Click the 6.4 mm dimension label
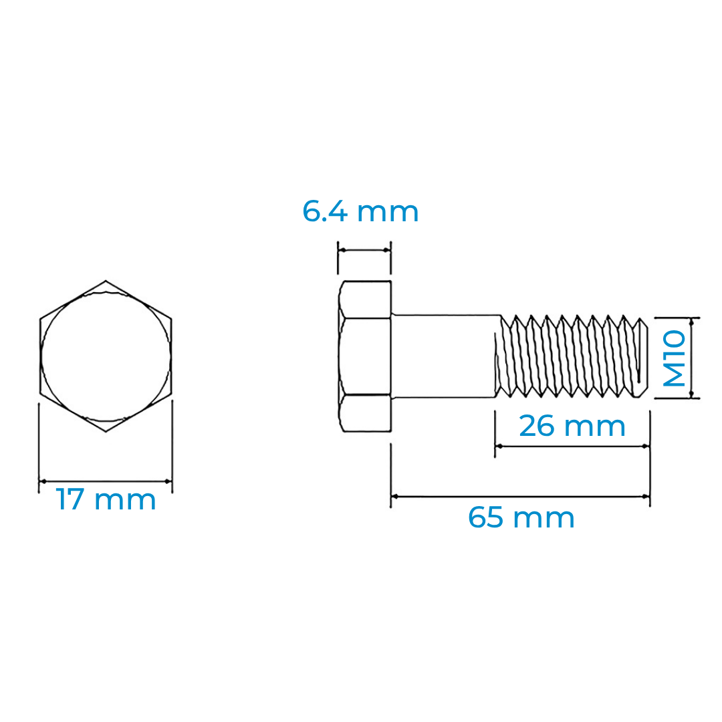[360, 212]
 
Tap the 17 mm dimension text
[106, 499]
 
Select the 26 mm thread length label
[572, 426]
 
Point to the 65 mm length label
[521, 517]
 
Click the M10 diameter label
[675, 358]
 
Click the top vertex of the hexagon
[106, 280]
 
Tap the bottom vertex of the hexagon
[106, 431]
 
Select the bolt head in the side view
[365, 356]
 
